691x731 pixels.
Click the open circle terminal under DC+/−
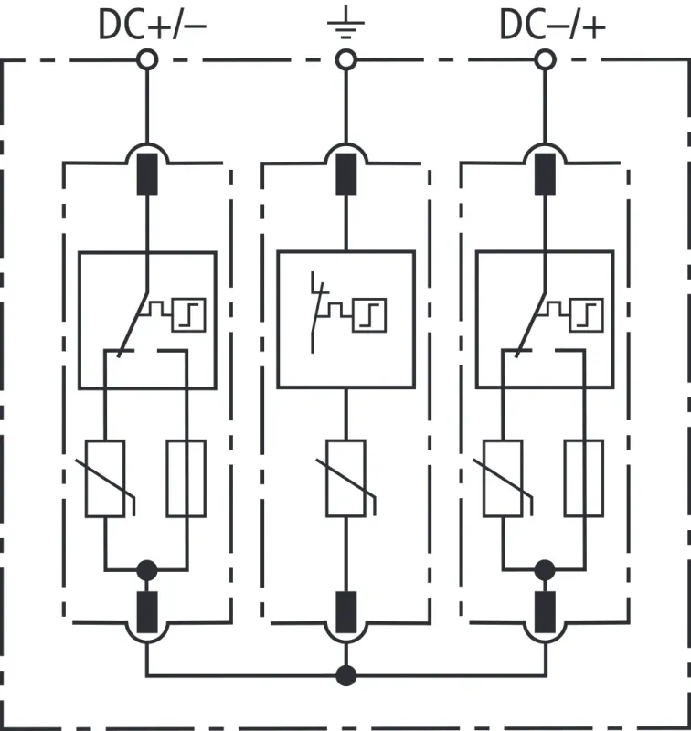(146, 60)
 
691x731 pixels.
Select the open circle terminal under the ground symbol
(345, 60)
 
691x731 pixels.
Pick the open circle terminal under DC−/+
(545, 60)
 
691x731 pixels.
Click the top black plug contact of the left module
(146, 175)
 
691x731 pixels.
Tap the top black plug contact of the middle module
(345, 175)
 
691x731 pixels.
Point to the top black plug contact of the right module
(545, 175)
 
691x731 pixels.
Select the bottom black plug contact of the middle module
(345, 611)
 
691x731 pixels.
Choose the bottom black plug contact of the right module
(545, 611)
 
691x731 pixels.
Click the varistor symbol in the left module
(105, 479)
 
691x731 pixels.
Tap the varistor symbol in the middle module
(345, 479)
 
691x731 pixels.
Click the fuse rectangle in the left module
(186, 479)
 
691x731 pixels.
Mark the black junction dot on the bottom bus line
(345, 676)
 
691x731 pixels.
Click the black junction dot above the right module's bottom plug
(545, 571)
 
